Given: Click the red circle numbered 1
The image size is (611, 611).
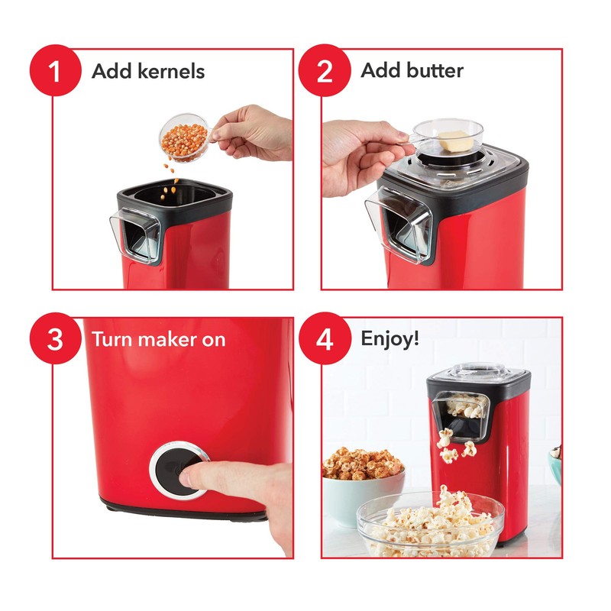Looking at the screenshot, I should tap(54, 71).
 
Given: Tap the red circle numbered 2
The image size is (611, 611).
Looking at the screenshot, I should tap(324, 71).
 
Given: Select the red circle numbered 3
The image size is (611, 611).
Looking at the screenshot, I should tap(54, 339).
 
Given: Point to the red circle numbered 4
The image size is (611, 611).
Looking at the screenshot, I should tap(324, 339).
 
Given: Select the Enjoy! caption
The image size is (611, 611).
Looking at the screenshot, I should tap(390, 339).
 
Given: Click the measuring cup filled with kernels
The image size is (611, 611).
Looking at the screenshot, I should tap(183, 137).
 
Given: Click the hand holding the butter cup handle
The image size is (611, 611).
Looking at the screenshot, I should tap(359, 157).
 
